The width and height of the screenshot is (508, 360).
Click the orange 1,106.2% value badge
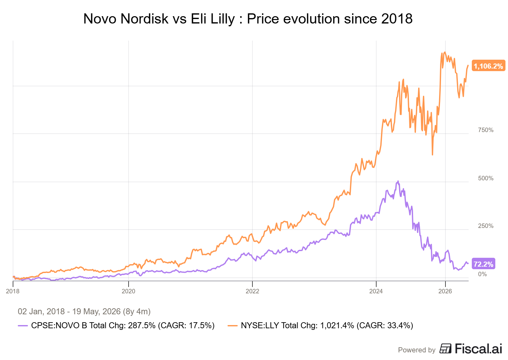click(488, 66)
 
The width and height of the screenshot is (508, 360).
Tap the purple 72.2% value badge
click(483, 264)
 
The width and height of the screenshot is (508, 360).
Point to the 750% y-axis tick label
click(485, 130)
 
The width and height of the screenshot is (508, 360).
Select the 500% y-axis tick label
click(485, 178)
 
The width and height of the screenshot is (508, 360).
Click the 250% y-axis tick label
click(485, 226)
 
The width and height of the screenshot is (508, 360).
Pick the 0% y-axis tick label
click(482, 274)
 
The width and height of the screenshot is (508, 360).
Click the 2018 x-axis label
click(13, 291)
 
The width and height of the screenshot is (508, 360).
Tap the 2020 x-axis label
click(128, 291)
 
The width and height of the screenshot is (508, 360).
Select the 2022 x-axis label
click(252, 291)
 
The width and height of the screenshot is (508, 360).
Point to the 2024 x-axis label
click(376, 291)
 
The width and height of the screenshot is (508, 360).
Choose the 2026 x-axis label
click(445, 291)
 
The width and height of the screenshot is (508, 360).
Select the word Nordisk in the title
click(144, 19)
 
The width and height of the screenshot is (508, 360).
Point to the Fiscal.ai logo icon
click(445, 349)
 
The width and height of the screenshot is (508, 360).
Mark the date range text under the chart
click(84, 312)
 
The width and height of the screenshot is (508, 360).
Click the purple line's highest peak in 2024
click(398, 181)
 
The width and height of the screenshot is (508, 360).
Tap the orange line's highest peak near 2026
click(445, 52)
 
